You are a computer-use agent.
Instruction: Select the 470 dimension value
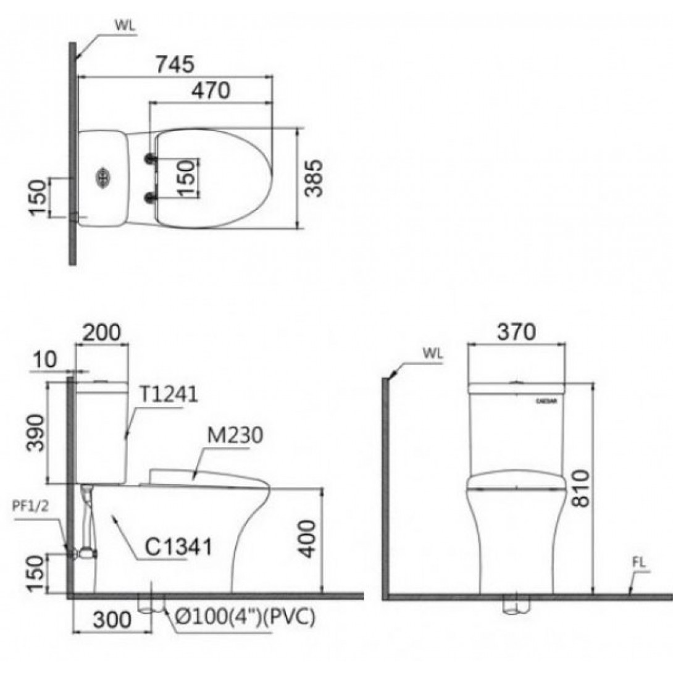pos(210,91)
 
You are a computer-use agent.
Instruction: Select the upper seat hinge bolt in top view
pos(149,159)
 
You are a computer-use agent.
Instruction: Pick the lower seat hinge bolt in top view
pos(149,197)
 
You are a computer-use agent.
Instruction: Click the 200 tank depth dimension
pos(102,333)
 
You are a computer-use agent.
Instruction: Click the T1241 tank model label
pos(169,394)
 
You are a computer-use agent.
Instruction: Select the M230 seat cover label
pos(235,435)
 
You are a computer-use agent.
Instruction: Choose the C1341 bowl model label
pos(178,546)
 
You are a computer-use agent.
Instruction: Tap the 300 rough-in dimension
pos(111,619)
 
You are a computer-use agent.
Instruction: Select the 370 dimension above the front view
pos(517,332)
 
